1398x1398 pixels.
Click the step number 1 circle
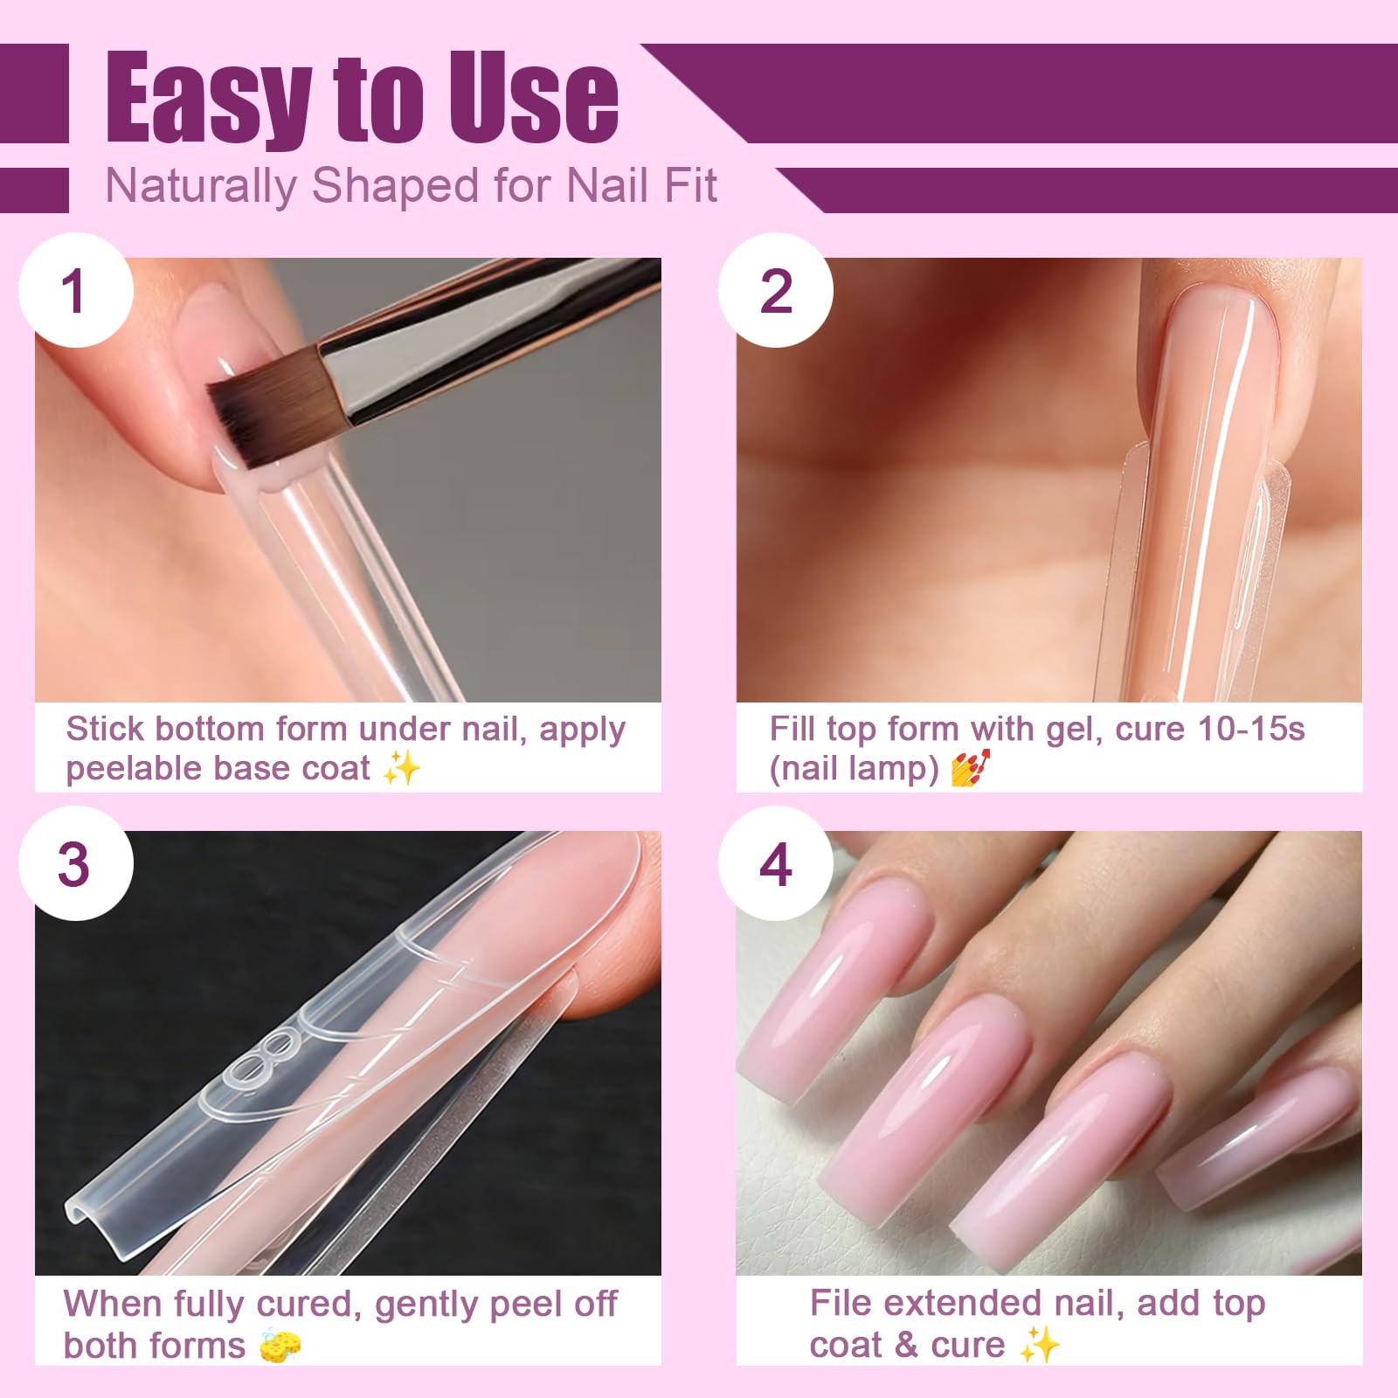76,290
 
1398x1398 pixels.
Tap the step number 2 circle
776,290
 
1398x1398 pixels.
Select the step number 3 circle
76,863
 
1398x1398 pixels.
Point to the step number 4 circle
776,863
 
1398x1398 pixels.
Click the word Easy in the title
208,98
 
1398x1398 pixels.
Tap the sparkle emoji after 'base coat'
402,768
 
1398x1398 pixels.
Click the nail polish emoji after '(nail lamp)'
970,768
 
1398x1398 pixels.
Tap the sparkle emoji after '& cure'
1040,1344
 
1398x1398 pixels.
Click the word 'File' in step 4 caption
841,1303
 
